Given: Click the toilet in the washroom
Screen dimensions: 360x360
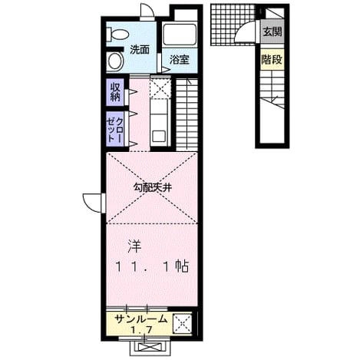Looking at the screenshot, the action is point(117,35).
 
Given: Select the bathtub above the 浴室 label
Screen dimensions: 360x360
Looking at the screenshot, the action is point(179,35).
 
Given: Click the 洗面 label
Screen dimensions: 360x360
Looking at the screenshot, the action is point(140,50).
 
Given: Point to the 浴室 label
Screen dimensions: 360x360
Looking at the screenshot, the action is point(180,60).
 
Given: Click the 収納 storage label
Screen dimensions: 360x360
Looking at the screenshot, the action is point(115,92).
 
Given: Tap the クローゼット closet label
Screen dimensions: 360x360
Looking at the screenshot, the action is point(115,129).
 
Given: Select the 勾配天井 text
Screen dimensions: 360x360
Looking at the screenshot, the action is point(152,188).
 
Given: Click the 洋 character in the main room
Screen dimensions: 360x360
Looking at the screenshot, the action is point(134,247).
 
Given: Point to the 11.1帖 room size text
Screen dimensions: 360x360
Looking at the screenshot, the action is point(153,267).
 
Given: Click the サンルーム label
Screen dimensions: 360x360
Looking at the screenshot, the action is point(140,319).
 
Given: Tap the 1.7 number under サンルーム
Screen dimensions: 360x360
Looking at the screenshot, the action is point(141,329).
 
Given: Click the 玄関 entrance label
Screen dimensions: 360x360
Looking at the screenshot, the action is point(272,31).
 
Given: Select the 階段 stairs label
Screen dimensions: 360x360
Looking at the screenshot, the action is point(272,60).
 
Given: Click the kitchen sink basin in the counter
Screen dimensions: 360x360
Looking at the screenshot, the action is point(159,137).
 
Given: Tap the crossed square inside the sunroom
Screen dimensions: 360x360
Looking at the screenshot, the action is point(183,323).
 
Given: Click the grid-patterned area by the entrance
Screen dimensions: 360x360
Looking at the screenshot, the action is point(233,25).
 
